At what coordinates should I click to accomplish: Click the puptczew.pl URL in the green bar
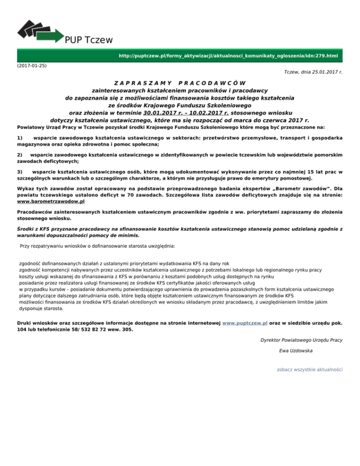tap(228, 56)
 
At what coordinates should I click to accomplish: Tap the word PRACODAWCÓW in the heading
tap(212, 83)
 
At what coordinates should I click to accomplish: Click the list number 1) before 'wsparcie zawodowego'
tap(19, 138)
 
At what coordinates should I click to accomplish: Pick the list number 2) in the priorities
tap(19, 154)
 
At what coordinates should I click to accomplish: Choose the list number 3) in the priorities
tap(19, 172)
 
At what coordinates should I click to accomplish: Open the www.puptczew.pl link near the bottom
tap(245, 323)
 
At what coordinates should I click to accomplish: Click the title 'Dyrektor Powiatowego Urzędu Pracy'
tap(301, 339)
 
